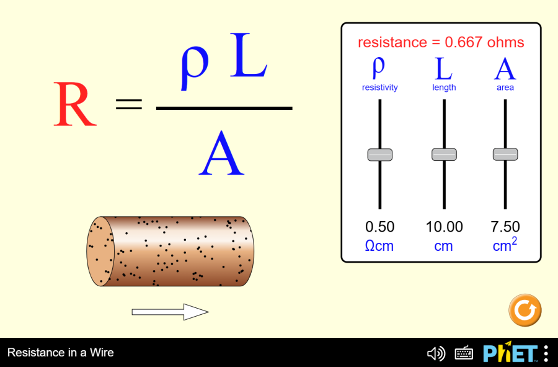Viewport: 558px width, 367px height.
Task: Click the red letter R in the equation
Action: coord(75,104)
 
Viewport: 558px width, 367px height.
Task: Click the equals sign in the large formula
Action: coord(129,104)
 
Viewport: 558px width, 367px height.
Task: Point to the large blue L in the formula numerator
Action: coord(249,55)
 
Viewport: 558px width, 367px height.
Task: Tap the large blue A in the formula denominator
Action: coord(221,153)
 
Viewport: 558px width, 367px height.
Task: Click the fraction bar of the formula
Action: coord(224,108)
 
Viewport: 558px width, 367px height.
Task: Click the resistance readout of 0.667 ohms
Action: coord(441,42)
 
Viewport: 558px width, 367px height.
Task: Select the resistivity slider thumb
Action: coord(380,155)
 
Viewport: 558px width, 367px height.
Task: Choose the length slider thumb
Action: coord(444,155)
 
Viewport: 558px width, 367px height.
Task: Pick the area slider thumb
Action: coord(505,154)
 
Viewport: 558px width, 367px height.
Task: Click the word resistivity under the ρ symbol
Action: coord(379,88)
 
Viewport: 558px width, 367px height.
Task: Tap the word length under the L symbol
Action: coord(444,88)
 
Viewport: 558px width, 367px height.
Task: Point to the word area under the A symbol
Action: coord(505,88)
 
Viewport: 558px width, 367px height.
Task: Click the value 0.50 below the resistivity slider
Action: coord(379,227)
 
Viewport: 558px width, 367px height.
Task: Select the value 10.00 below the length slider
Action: coord(444,227)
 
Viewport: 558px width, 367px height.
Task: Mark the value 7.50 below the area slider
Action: coord(505,227)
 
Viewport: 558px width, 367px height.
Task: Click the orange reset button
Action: coord(525,310)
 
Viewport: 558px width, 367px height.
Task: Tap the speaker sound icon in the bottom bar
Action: coord(436,353)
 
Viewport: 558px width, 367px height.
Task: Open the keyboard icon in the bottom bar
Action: coord(464,353)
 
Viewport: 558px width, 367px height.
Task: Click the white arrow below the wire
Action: coord(170,312)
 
